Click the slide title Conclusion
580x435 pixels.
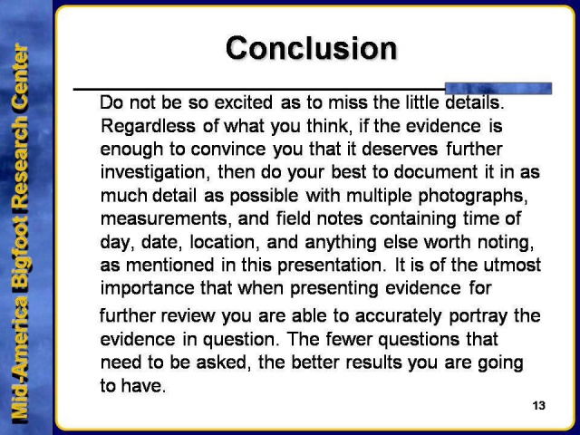(312, 47)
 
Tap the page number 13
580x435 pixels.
(539, 404)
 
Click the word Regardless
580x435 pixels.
(144, 124)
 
